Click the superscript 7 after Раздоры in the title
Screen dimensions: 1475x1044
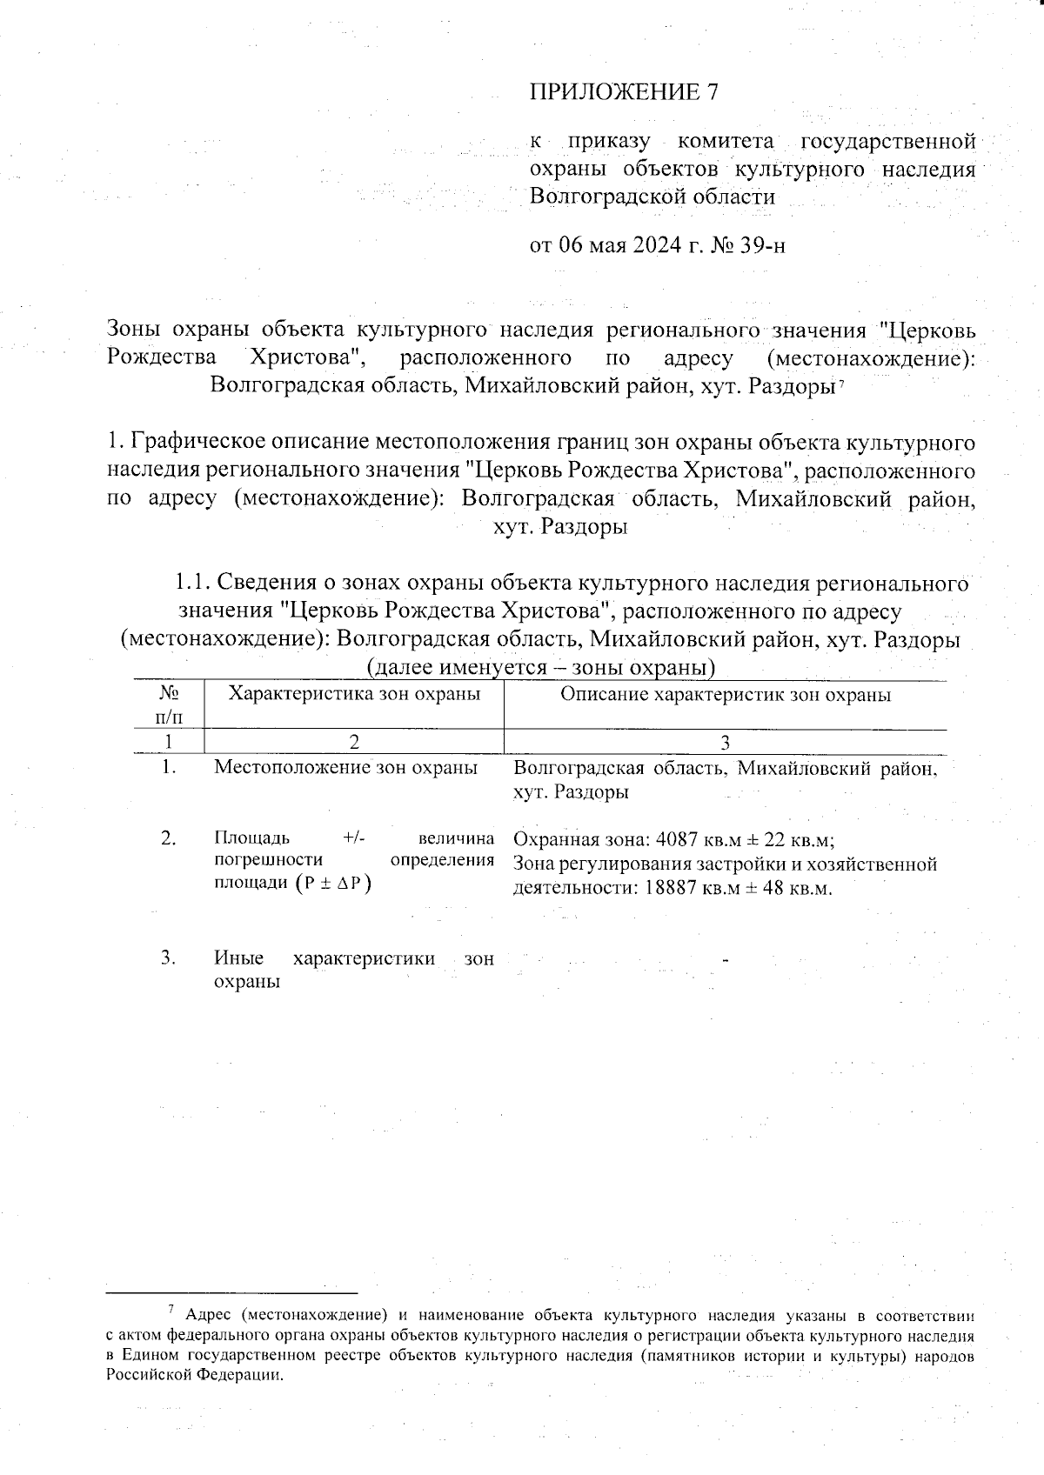pos(841,383)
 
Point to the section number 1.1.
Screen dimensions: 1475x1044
pos(192,582)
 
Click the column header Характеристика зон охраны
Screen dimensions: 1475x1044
pos(353,694)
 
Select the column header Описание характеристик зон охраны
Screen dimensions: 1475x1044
pos(725,695)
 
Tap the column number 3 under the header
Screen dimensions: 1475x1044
pos(725,742)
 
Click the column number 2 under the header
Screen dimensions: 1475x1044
pos(353,742)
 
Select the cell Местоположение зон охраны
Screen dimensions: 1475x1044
pos(345,768)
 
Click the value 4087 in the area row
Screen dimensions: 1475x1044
pos(676,840)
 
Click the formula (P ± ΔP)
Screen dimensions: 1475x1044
pos(332,884)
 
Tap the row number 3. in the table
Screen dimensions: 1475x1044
pos(169,958)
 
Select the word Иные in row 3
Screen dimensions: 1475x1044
pos(238,958)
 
